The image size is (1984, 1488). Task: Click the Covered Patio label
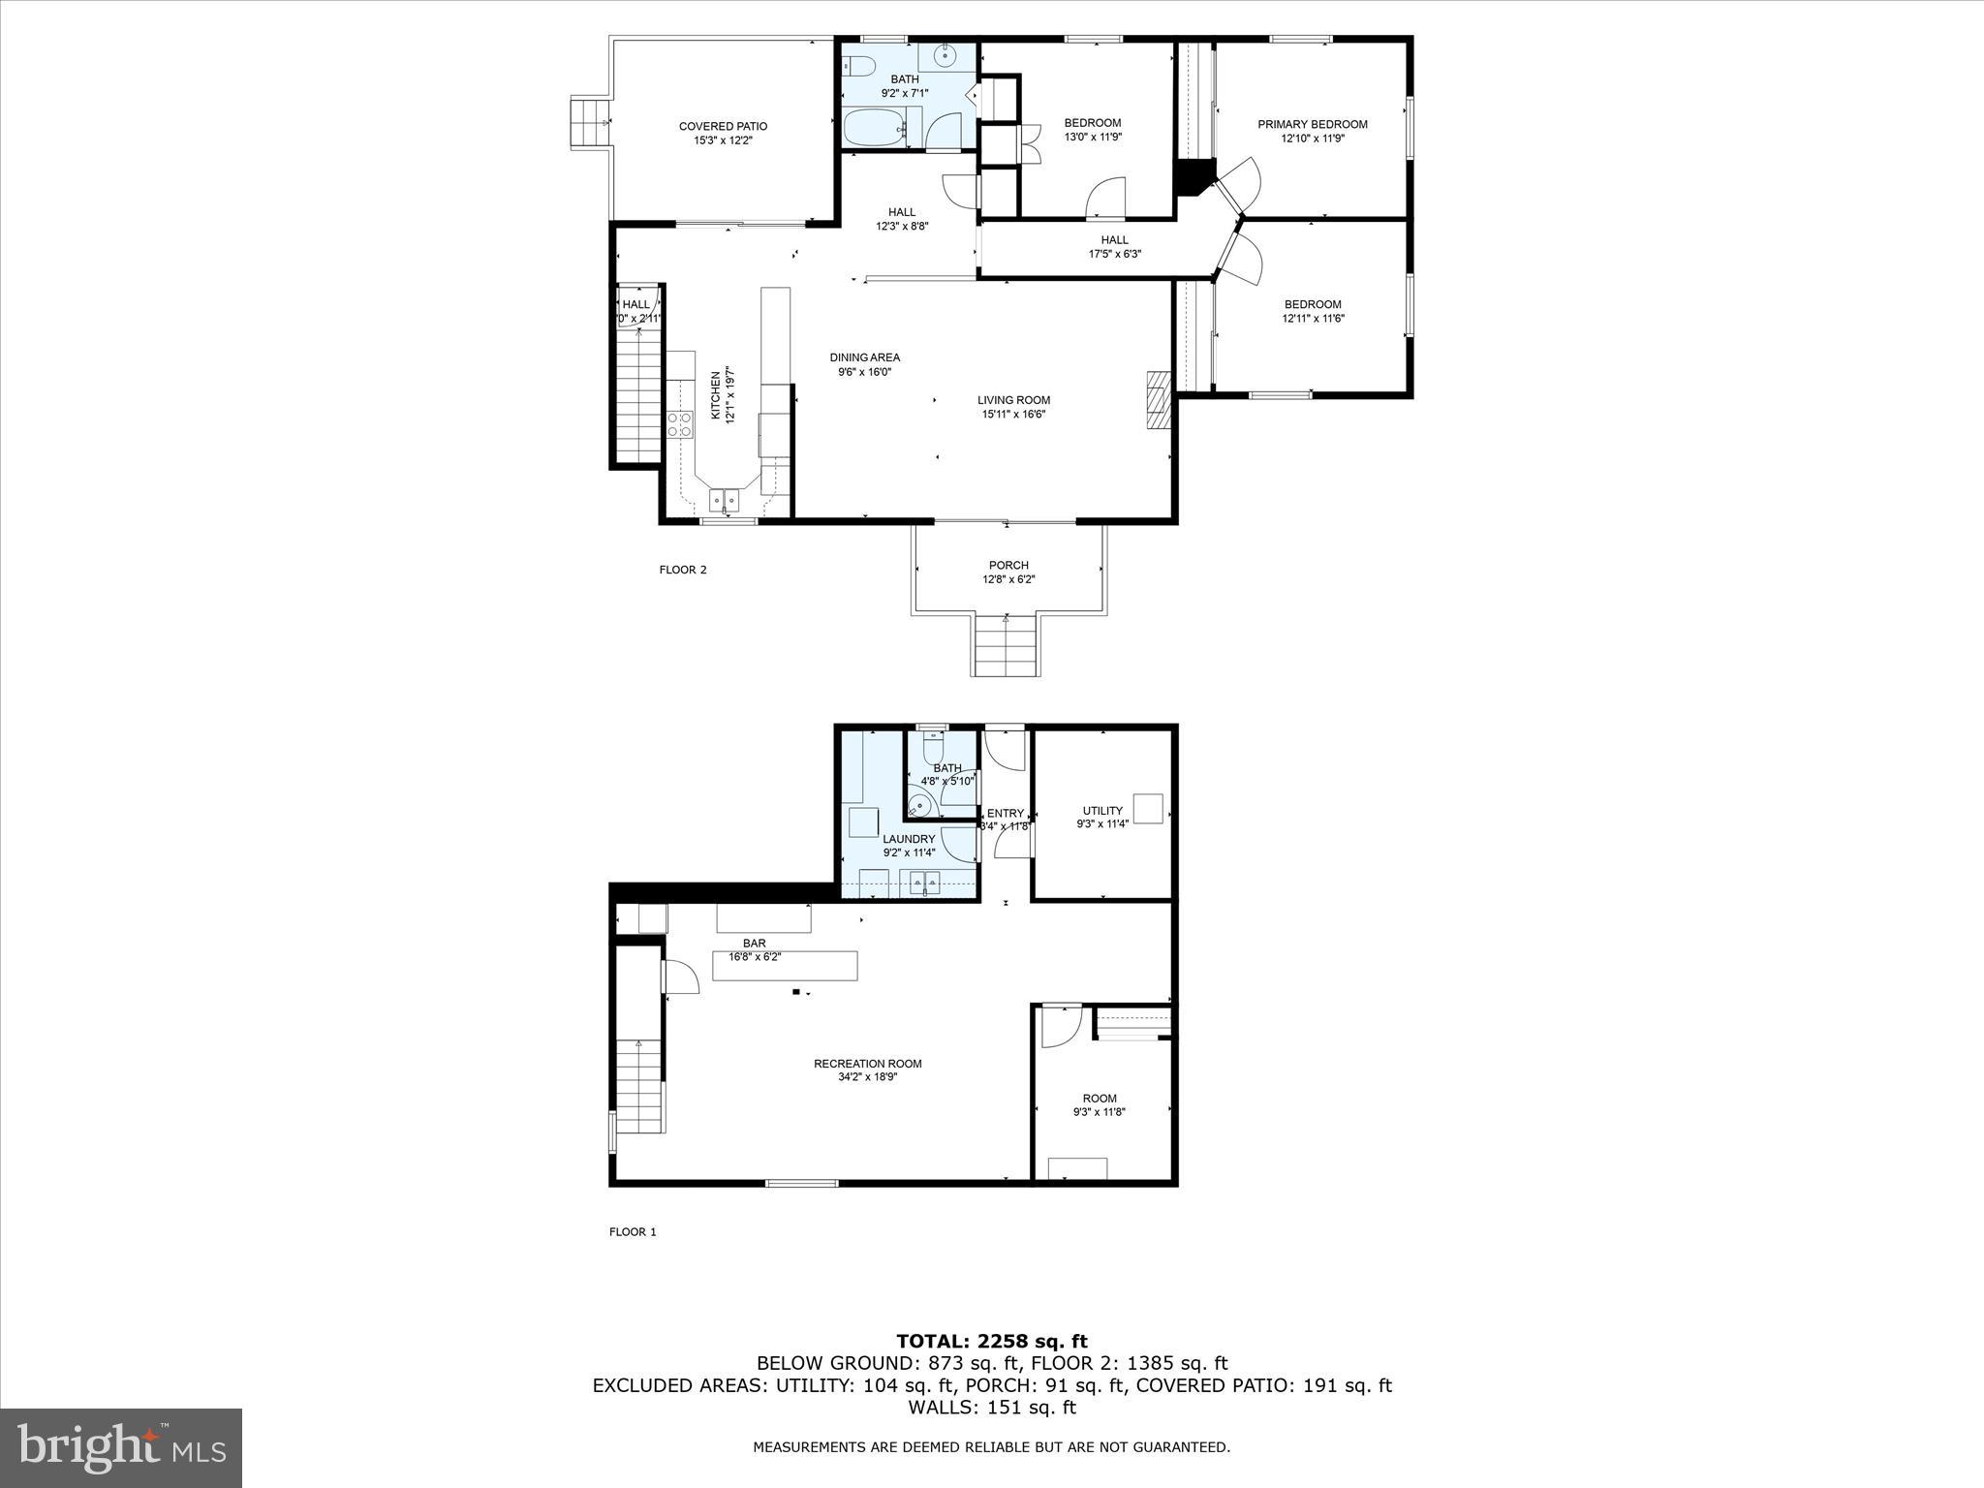[723, 126]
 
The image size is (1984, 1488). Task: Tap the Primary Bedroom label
[1312, 124]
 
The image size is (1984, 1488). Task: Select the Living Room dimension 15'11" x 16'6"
[1012, 415]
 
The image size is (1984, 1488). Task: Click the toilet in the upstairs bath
[858, 66]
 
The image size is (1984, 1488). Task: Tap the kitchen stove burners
[680, 423]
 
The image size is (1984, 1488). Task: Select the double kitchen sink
[725, 501]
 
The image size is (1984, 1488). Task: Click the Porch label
[1008, 566]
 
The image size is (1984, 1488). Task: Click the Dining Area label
[864, 357]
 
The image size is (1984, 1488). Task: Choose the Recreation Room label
[867, 1064]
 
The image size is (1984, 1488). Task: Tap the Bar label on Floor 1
[754, 943]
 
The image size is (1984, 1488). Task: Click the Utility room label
[1102, 811]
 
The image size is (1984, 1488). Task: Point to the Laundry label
[908, 839]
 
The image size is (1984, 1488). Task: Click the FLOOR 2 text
[683, 570]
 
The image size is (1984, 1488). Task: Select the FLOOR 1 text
[633, 1232]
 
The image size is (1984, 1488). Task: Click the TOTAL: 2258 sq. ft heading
[991, 1342]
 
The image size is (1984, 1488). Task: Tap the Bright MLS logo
[121, 1448]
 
